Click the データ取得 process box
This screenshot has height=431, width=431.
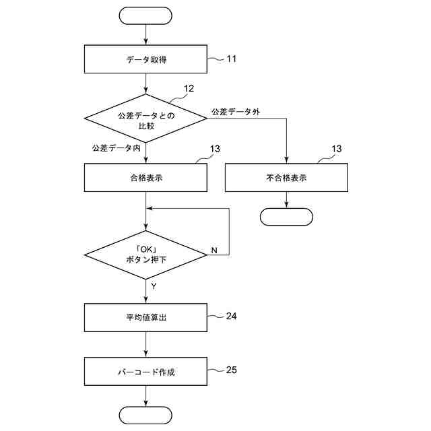145,59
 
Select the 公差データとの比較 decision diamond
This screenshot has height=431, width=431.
145,118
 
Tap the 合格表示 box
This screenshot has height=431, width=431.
145,178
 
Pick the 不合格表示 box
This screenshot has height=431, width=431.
287,178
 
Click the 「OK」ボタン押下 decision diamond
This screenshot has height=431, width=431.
145,255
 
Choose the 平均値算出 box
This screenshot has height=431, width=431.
145,317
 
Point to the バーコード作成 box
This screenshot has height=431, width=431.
145,372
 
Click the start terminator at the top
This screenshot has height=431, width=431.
145,15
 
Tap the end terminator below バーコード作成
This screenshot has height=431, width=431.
145,414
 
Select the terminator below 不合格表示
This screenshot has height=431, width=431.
287,217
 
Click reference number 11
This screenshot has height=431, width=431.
231,59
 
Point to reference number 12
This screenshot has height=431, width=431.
189,88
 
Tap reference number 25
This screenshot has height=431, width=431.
232,369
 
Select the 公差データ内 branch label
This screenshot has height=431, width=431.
115,147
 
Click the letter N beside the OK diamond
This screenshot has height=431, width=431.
214,251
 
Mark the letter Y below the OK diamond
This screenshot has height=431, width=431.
154,286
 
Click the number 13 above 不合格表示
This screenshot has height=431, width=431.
337,149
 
